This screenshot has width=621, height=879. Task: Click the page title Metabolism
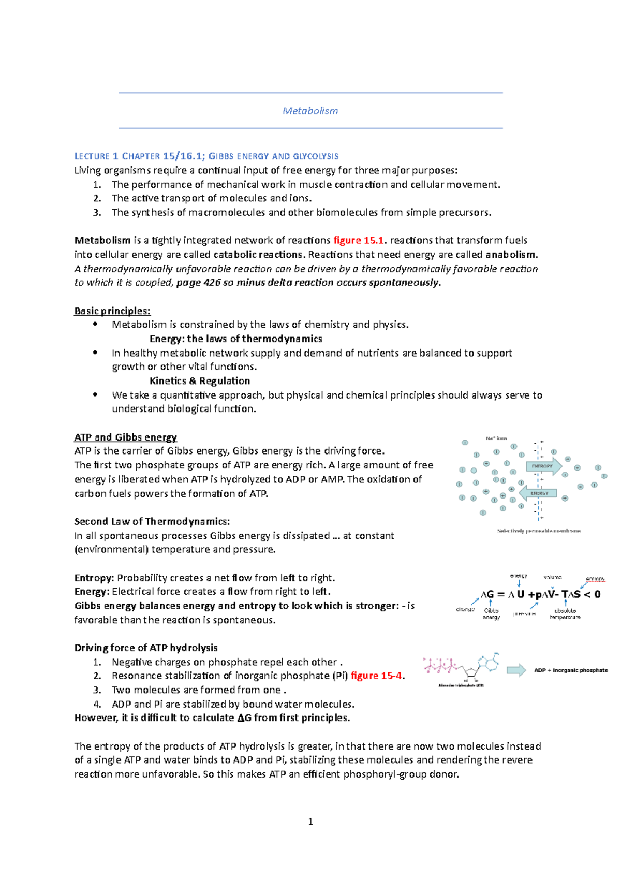click(x=310, y=111)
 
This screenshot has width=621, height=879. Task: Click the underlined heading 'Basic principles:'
click(x=112, y=311)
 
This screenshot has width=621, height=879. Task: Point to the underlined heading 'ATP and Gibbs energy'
click(x=125, y=437)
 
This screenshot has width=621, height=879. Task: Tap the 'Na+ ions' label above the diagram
click(x=496, y=438)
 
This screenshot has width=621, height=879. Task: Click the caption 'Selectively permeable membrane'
click(x=539, y=531)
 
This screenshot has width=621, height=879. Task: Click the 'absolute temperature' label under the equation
click(x=565, y=614)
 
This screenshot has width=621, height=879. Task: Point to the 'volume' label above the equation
click(x=552, y=577)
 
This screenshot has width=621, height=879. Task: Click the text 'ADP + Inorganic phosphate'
click(x=571, y=670)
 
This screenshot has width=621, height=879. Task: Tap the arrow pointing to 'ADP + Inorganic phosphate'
click(x=516, y=670)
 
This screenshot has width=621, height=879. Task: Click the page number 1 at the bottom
click(x=310, y=822)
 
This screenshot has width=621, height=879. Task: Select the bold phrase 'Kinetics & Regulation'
click(x=200, y=381)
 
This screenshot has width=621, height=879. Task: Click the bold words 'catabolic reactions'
click(x=258, y=255)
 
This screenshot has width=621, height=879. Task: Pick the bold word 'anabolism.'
click(x=512, y=255)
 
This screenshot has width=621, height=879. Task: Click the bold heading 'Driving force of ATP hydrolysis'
click(x=146, y=648)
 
